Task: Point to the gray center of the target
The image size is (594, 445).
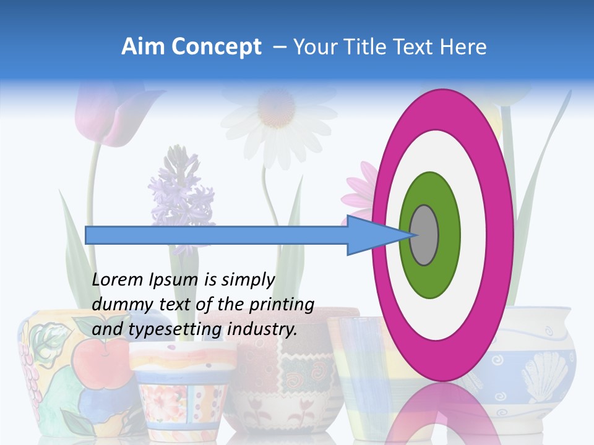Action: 424,235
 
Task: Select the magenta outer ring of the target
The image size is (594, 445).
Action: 443,105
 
